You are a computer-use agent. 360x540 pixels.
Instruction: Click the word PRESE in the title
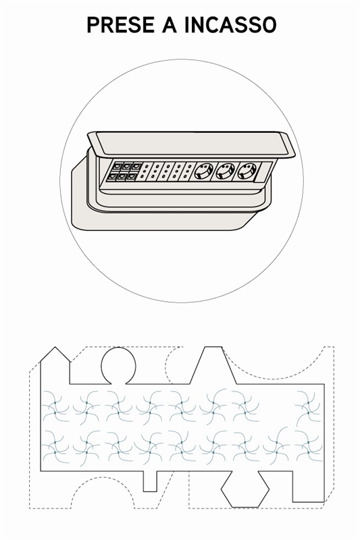tap(121, 25)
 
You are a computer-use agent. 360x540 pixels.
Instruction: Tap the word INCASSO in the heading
tap(230, 25)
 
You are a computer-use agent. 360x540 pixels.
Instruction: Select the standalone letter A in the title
tap(170, 25)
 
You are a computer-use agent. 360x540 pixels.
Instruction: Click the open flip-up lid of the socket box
tap(191, 144)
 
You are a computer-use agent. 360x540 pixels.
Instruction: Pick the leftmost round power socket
tap(201, 171)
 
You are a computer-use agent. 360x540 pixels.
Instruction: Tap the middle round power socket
tap(225, 171)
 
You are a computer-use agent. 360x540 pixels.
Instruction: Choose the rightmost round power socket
tap(247, 171)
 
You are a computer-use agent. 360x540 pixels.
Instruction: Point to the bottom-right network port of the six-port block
tap(132, 176)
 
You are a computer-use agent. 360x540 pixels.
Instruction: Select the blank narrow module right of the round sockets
tap(264, 171)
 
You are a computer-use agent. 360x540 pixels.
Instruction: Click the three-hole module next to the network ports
tap(146, 171)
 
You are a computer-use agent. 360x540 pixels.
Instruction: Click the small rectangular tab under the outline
tap(150, 481)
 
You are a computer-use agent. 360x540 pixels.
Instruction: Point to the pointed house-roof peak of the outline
tap(55, 347)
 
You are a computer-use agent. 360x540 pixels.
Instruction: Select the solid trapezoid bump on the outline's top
tap(213, 365)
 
